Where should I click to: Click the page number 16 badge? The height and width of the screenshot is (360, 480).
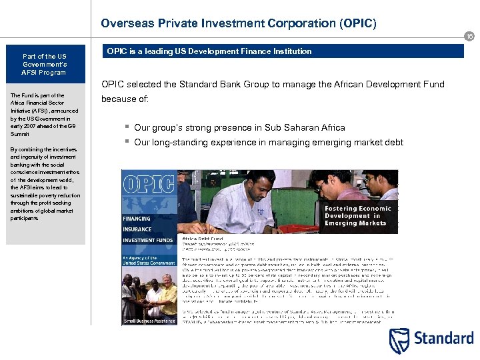tap(469, 37)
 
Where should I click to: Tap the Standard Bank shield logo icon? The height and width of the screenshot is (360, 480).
tap(401, 339)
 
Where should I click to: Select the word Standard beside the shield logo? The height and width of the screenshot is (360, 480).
tap(444, 338)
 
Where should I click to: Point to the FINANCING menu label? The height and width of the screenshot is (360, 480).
tap(137, 219)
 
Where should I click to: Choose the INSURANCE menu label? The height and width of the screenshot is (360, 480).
tap(137, 229)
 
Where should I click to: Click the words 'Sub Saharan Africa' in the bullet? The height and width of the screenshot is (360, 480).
tap(305, 127)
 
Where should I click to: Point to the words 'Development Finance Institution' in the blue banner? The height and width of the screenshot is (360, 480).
tap(256, 51)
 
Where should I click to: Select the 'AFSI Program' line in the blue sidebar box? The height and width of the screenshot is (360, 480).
tap(44, 72)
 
